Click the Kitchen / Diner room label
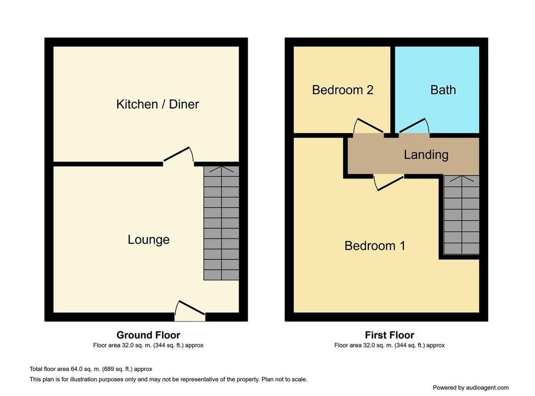[x=157, y=104]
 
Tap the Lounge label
[x=148, y=239]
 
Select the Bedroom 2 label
[x=343, y=90]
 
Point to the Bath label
[x=443, y=90]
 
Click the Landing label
[x=426, y=155]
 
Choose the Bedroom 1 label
[x=375, y=246]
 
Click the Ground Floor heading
[x=148, y=335]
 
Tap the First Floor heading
[x=389, y=335]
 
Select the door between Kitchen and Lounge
[x=179, y=155]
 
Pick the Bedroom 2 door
[x=368, y=126]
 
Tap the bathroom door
[x=414, y=126]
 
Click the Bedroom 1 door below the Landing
[x=389, y=183]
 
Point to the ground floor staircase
[x=221, y=223]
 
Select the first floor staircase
[x=461, y=215]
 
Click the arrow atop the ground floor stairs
[x=221, y=170]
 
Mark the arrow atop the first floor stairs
[x=461, y=178]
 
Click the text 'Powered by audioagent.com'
[x=471, y=388]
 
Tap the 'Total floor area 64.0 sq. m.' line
[x=91, y=369]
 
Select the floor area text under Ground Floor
[x=148, y=345]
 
